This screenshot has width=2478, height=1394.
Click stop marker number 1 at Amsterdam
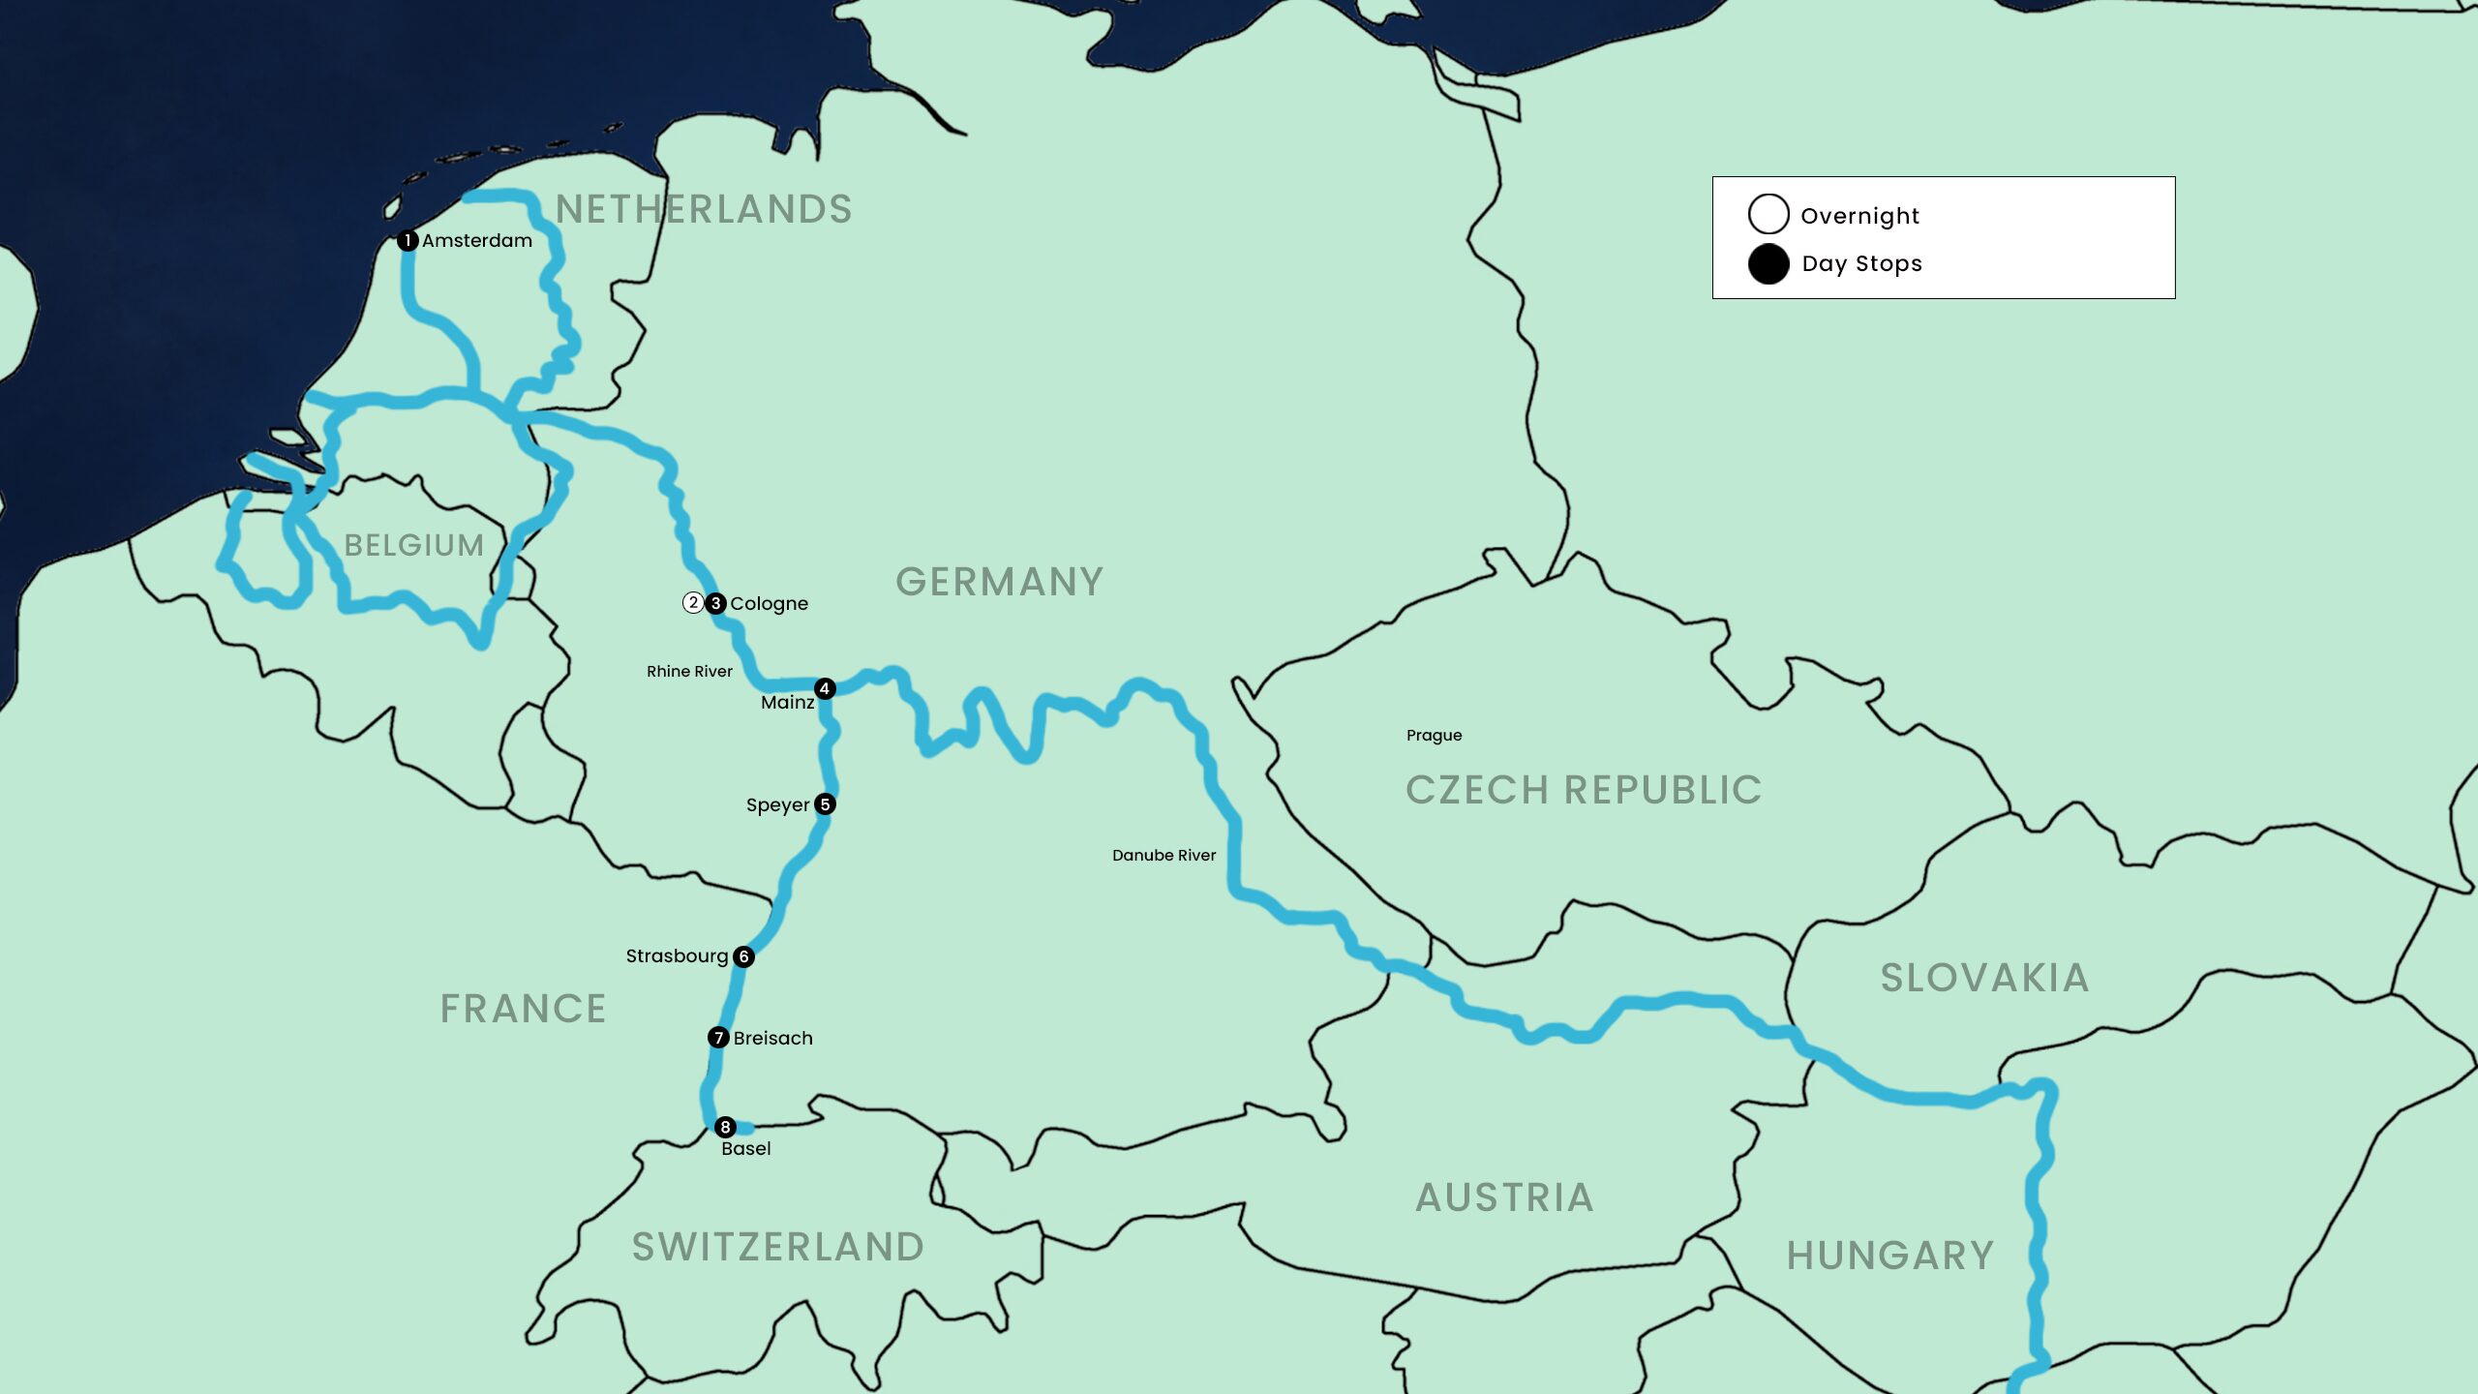coord(408,240)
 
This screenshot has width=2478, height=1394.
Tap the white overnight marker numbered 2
coord(693,603)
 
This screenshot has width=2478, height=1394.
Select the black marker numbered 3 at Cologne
coord(715,603)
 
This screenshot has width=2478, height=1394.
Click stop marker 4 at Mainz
coord(825,688)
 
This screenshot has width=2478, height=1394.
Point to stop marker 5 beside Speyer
coord(825,804)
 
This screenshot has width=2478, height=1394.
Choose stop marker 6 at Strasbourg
coord(743,956)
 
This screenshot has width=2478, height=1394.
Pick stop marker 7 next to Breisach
coord(718,1038)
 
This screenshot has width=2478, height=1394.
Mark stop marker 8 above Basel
coord(725,1127)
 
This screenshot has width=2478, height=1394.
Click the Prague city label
coord(1434,736)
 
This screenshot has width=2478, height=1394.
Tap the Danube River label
coord(1163,855)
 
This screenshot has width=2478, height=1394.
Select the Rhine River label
coord(689,671)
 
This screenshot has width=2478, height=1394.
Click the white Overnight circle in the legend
coord(1768,214)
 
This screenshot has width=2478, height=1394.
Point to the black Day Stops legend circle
coord(1768,264)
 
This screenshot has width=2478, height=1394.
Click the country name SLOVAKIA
coord(1984,978)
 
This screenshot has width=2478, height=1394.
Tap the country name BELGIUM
coord(414,545)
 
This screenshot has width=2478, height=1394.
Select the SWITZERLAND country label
coord(778,1247)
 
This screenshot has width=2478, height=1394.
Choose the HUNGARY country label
coord(1890,1256)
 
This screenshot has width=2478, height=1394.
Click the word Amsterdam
coord(477,240)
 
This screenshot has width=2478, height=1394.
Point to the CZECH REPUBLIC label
coord(1584,790)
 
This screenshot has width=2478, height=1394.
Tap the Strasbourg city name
coord(677,956)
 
